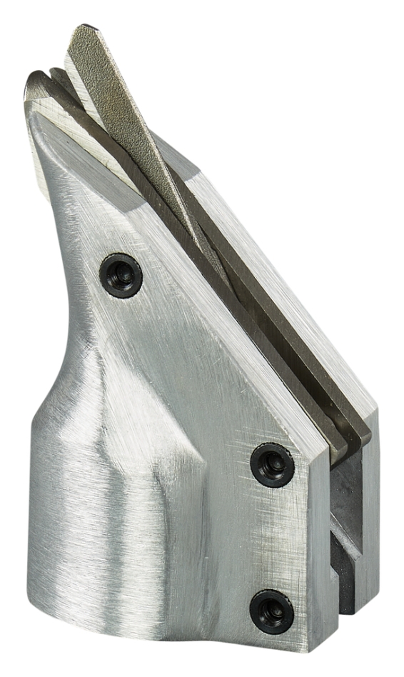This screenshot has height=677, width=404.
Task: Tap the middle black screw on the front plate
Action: pos(272,465)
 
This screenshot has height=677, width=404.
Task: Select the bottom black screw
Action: pos(271,611)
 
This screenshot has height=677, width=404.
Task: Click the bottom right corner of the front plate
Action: pos(313,646)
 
